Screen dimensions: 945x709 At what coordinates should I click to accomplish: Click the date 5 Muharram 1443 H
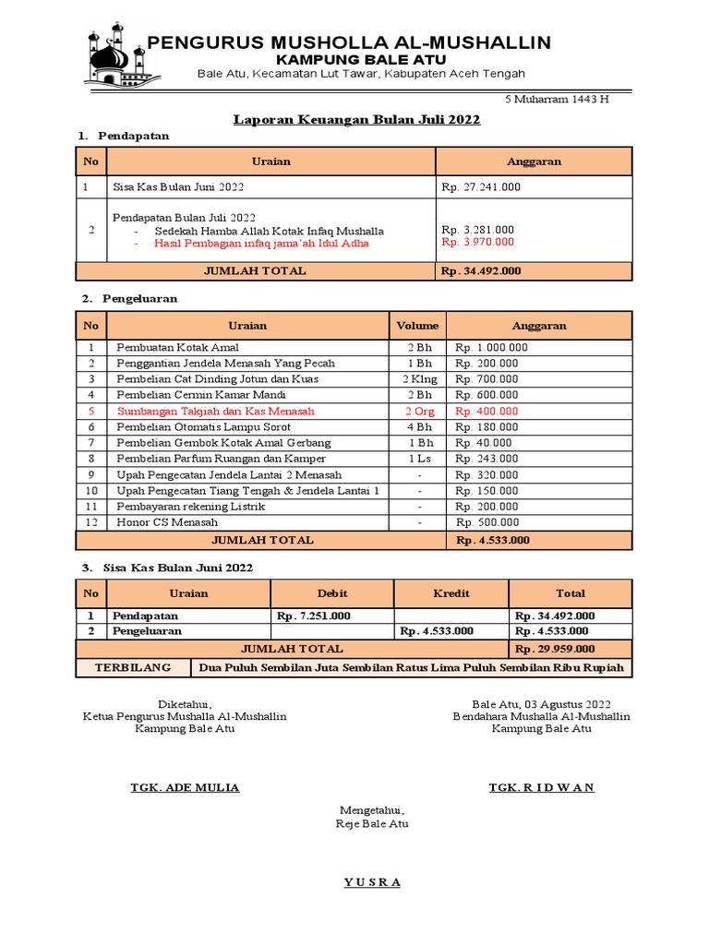[556, 100]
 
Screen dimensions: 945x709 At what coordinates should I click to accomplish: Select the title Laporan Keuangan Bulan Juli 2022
[356, 120]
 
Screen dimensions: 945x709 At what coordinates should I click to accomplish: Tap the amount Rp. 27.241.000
[480, 186]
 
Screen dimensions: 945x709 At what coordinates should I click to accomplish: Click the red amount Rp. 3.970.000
[477, 243]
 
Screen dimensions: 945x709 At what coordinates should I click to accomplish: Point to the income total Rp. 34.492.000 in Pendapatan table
[480, 271]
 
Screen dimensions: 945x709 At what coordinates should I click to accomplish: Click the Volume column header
[417, 326]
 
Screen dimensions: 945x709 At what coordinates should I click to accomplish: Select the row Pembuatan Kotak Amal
[177, 348]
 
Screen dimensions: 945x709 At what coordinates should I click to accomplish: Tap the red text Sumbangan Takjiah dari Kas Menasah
[215, 412]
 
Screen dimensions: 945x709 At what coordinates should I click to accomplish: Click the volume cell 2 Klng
[417, 379]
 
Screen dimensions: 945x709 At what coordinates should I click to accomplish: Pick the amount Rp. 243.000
[487, 459]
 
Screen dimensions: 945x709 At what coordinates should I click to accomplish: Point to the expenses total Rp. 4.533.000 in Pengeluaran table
[493, 540]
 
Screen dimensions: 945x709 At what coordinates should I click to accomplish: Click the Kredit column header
[451, 593]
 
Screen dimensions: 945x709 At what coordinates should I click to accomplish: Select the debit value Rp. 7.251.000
[313, 616]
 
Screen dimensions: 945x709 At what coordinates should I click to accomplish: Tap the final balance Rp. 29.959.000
[554, 649]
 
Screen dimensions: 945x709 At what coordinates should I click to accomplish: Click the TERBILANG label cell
[133, 667]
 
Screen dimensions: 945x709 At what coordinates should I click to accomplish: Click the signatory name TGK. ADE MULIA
[185, 787]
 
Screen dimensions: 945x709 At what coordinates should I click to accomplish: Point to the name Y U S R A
[372, 882]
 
